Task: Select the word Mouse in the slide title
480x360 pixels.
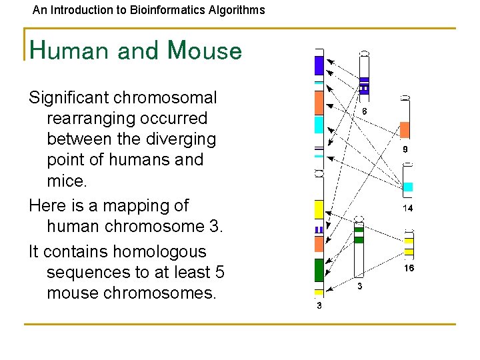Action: pyautogui.click(x=205, y=51)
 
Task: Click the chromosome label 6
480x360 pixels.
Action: pyautogui.click(x=364, y=111)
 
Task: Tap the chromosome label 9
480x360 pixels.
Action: pyautogui.click(x=405, y=150)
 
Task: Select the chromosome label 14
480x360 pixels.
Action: pyautogui.click(x=407, y=208)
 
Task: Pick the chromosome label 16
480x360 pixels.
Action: pyautogui.click(x=409, y=268)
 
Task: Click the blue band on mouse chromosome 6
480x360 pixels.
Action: pyautogui.click(x=364, y=85)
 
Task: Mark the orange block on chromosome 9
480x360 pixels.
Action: pyautogui.click(x=405, y=130)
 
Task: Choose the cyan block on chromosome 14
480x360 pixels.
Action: pyautogui.click(x=408, y=187)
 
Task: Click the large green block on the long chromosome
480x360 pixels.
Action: pyautogui.click(x=319, y=269)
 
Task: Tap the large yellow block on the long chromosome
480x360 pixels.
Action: pyautogui.click(x=319, y=209)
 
